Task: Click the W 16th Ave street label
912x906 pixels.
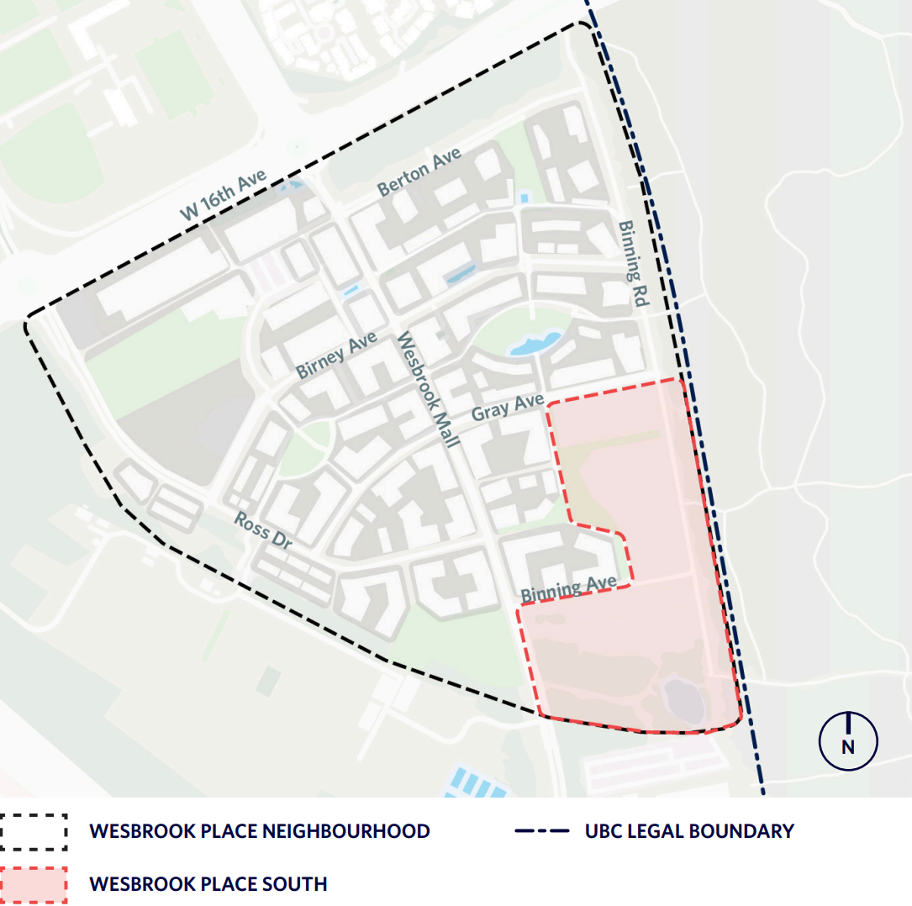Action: coord(223,194)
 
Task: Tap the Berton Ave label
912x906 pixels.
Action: coord(419,172)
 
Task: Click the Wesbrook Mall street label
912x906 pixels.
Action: coord(426,389)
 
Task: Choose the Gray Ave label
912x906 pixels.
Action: coord(508,408)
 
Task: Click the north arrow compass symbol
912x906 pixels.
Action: coord(848,740)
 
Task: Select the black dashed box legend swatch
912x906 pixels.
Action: coord(34,832)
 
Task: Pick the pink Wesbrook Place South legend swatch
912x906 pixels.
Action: coord(34,884)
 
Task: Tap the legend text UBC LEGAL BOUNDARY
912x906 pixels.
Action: coord(689,832)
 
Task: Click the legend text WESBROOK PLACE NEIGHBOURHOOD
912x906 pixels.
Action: coord(260,832)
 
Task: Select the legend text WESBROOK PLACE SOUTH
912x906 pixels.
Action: coord(208,884)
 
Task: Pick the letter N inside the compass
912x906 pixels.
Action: coord(848,746)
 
